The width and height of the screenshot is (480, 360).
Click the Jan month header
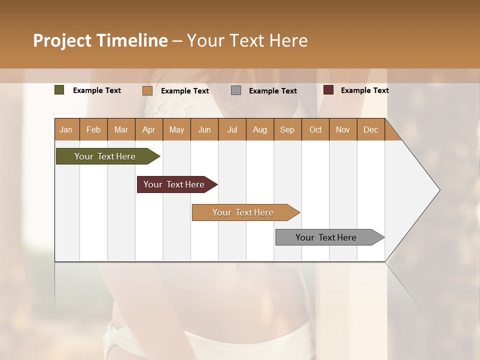(66, 129)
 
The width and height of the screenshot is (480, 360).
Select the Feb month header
(93, 129)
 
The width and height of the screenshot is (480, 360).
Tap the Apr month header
(148, 129)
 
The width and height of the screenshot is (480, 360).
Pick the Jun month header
(204, 129)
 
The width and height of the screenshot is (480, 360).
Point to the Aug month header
(259, 129)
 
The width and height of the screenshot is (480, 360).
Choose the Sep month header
(287, 129)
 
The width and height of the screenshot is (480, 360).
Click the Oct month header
(315, 129)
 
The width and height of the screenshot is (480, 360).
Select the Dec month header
(370, 129)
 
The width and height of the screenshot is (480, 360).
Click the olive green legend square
(59, 90)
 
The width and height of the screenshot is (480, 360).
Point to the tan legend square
(147, 90)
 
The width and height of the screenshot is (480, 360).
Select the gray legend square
(236, 90)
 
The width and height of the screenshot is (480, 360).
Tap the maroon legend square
(328, 90)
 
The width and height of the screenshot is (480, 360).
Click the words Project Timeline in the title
(100, 40)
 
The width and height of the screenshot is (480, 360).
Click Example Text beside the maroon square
(364, 90)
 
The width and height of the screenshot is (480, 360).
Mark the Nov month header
(342, 129)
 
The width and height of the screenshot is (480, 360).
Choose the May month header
(176, 129)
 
